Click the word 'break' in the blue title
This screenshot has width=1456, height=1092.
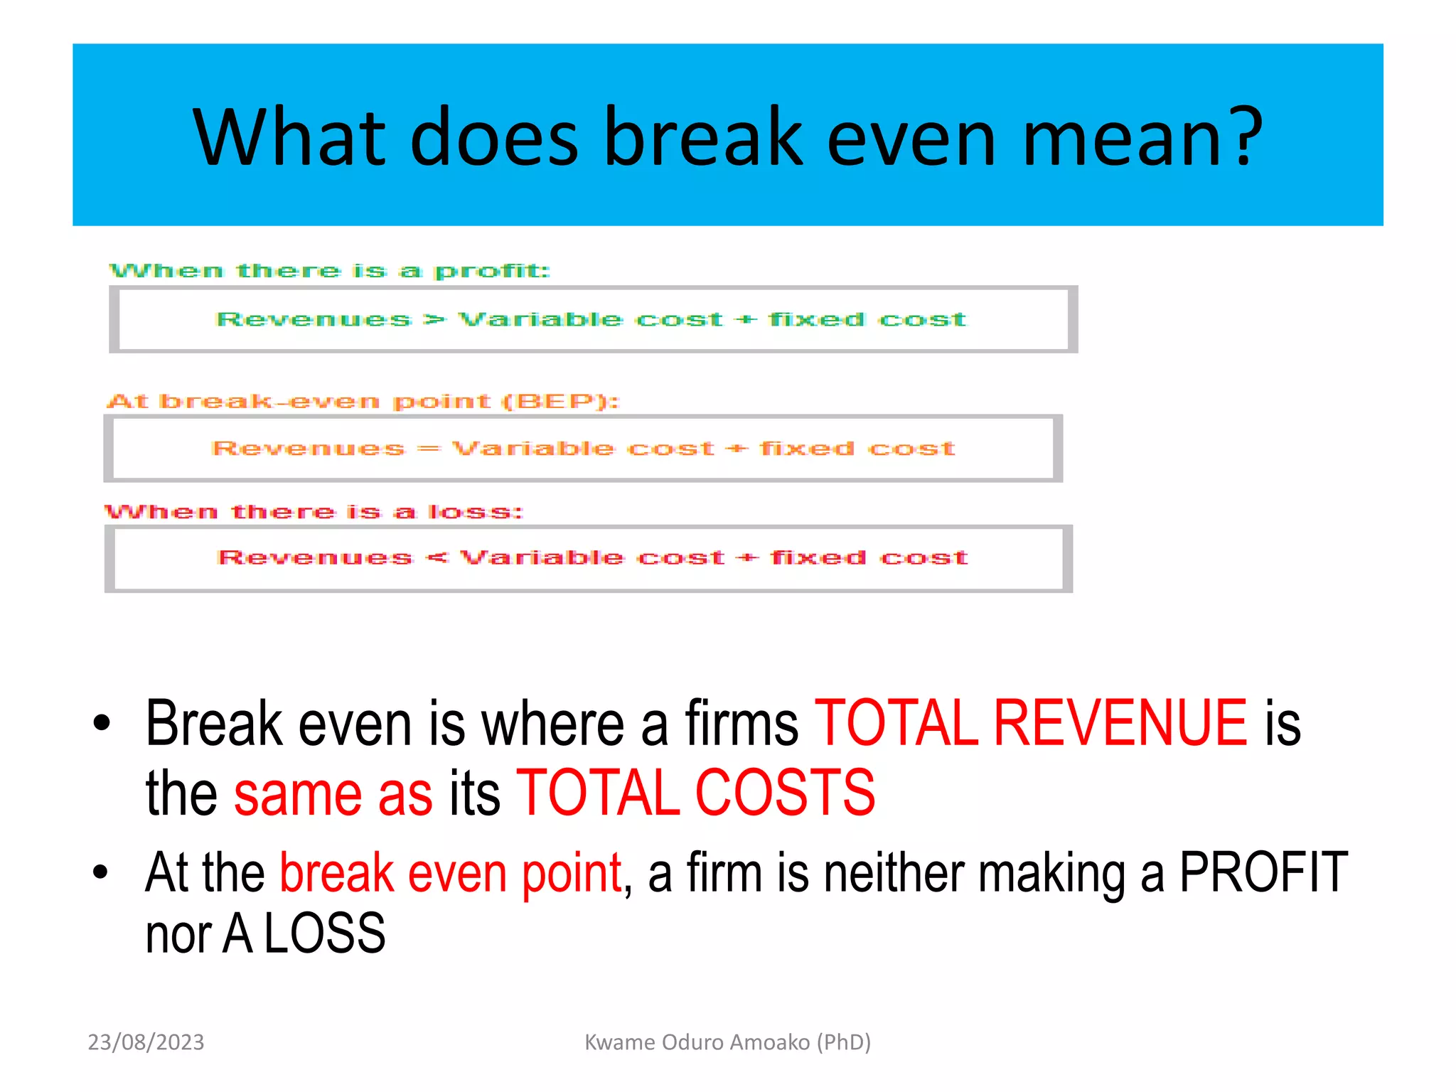pyautogui.click(x=703, y=136)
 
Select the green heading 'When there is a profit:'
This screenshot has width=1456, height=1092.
pyautogui.click(x=330, y=271)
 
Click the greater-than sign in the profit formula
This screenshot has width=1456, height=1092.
pyautogui.click(x=434, y=320)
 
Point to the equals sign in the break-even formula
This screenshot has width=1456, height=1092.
pyautogui.click(x=428, y=449)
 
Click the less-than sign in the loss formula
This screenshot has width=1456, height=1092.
pyautogui.click(x=436, y=558)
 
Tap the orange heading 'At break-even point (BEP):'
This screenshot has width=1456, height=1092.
pyautogui.click(x=363, y=401)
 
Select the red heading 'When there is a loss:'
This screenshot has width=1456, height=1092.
pyautogui.click(x=314, y=512)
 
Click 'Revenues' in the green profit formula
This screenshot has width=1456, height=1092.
pyautogui.click(x=314, y=320)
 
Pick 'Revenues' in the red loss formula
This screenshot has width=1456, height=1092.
pyautogui.click(x=315, y=558)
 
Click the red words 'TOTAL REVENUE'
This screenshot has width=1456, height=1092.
pyautogui.click(x=1030, y=723)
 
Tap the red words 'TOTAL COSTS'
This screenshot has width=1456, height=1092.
pyautogui.click(x=695, y=793)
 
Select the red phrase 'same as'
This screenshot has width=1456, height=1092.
pyautogui.click(x=333, y=794)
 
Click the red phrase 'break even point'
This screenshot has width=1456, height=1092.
pyautogui.click(x=451, y=872)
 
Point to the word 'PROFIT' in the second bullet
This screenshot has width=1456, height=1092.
pyautogui.click(x=1263, y=872)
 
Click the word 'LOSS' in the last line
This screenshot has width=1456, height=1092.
pyautogui.click(x=325, y=933)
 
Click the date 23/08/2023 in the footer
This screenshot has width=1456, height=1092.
pyautogui.click(x=146, y=1042)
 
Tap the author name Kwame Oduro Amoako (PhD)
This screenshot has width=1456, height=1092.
pyautogui.click(x=727, y=1042)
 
